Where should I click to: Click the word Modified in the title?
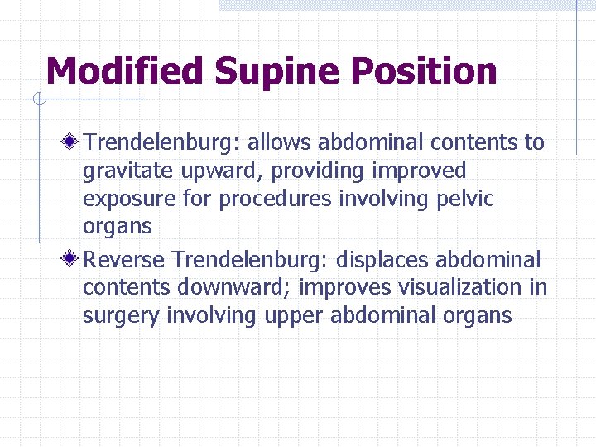click(124, 72)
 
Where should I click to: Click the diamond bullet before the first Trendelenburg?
click(74, 142)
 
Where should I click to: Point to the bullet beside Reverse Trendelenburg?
click(74, 260)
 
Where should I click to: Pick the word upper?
click(294, 316)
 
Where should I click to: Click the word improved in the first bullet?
click(418, 171)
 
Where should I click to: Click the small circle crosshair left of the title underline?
click(38, 100)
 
